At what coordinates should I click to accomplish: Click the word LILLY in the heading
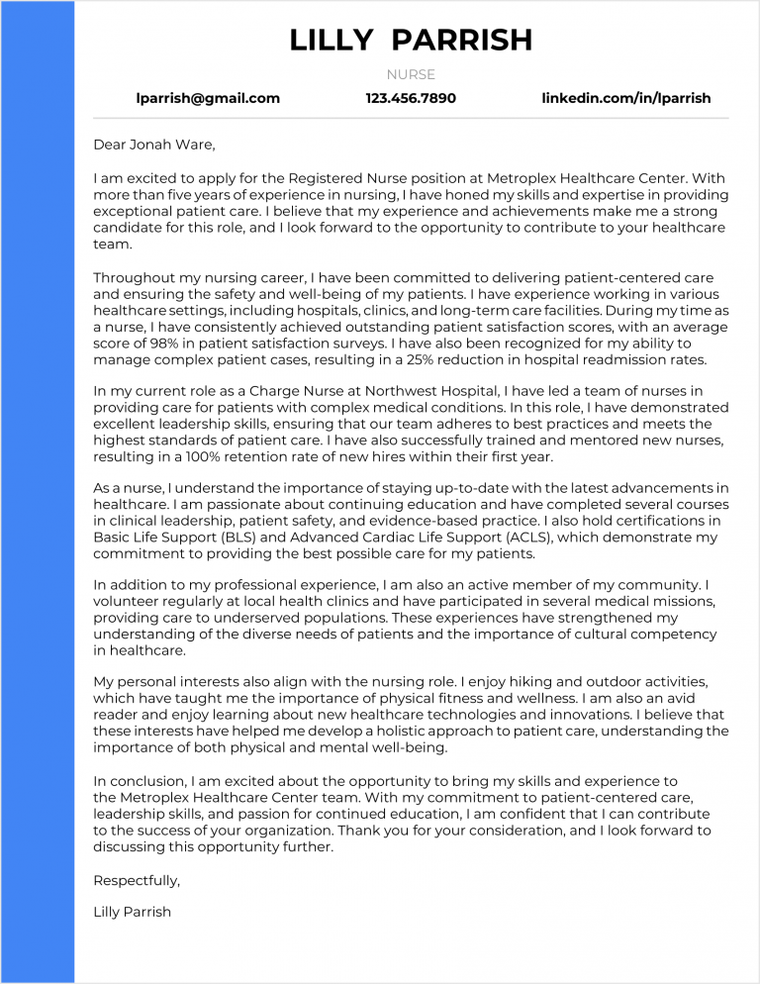pyautogui.click(x=332, y=40)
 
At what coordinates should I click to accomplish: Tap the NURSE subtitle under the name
pyautogui.click(x=411, y=74)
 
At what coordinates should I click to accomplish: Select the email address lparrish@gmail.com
pyautogui.click(x=208, y=98)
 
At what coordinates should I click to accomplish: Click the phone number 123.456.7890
pyautogui.click(x=411, y=98)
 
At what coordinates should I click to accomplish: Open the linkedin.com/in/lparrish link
pyautogui.click(x=625, y=98)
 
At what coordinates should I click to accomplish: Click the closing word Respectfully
pyautogui.click(x=137, y=879)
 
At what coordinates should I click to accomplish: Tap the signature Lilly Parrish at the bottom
pyautogui.click(x=132, y=911)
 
